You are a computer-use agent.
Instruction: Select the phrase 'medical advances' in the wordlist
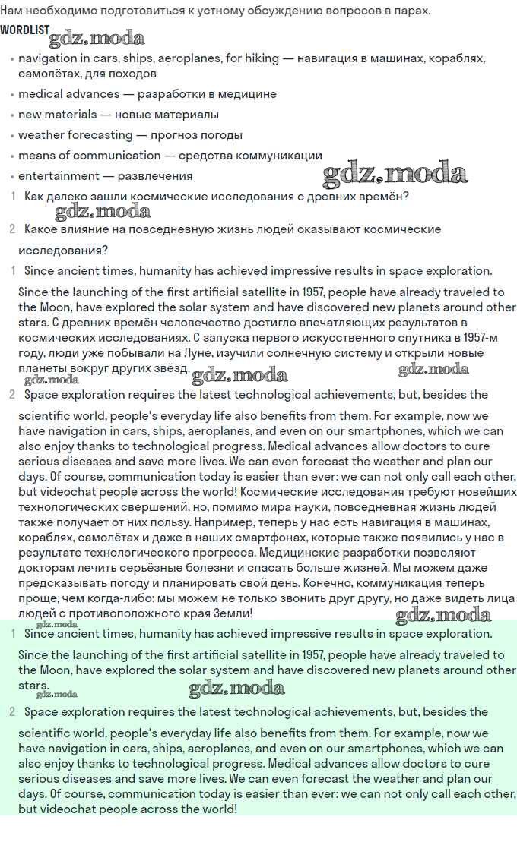68,94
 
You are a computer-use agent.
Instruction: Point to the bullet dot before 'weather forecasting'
11,136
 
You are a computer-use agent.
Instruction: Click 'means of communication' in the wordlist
89,156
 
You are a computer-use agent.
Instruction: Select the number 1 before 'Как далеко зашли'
13,197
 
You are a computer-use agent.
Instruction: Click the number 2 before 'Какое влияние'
12,229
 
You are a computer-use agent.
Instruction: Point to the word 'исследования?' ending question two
63,250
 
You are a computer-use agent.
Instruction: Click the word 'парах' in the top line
411,11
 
